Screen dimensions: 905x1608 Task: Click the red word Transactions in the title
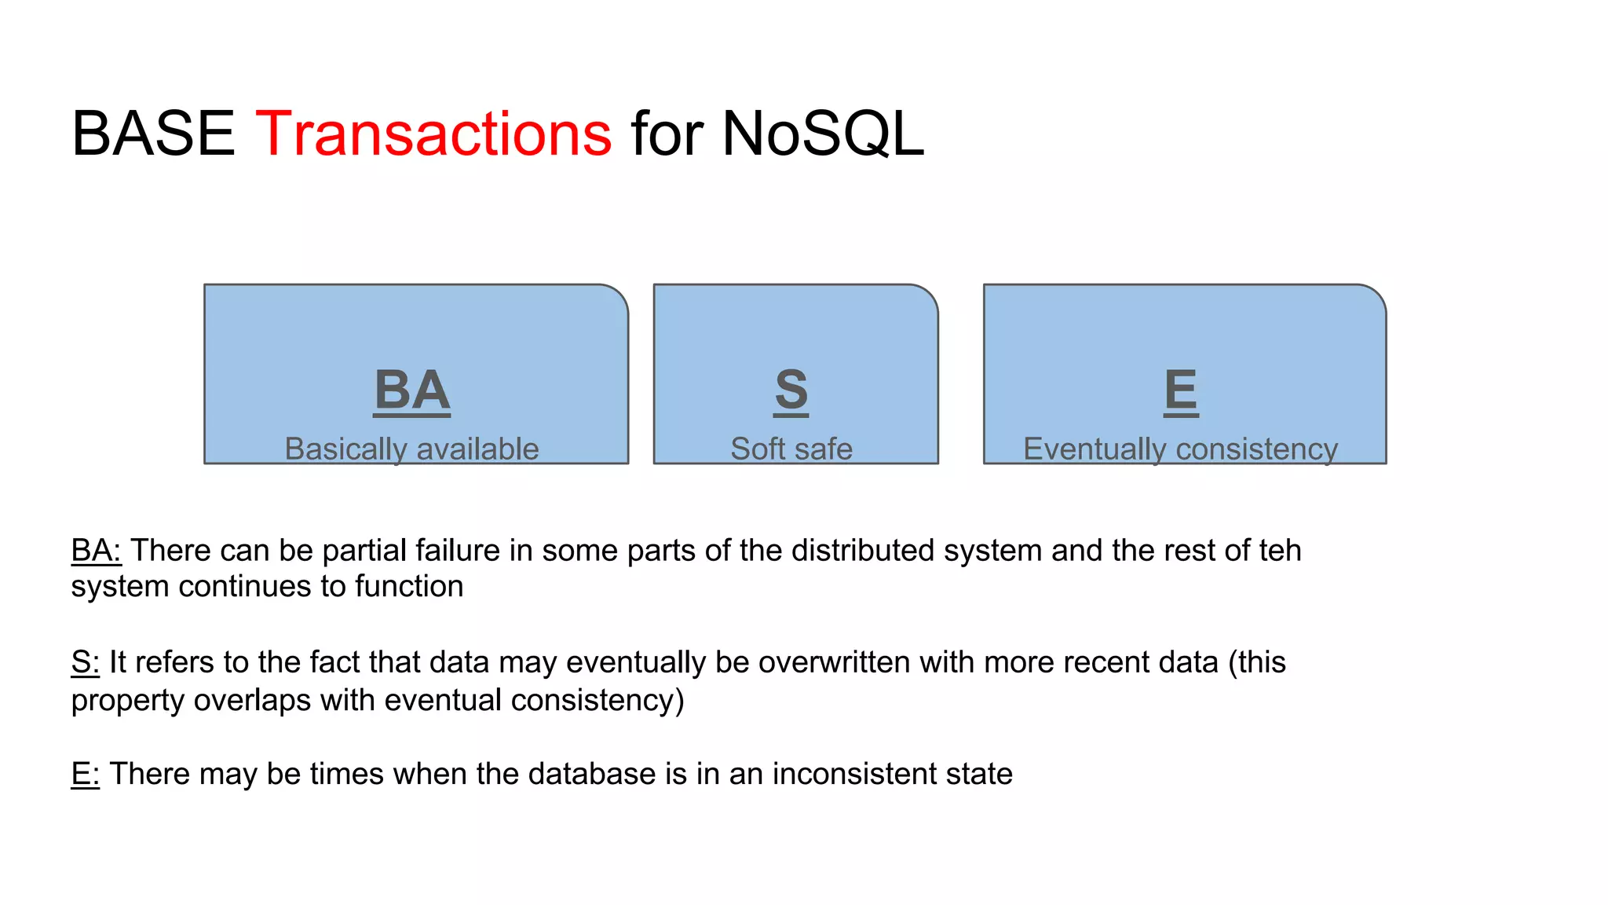(x=433, y=134)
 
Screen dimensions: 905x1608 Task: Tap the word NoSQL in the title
(x=822, y=134)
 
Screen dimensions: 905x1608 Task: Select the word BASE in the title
(x=153, y=134)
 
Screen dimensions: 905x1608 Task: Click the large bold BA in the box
(x=412, y=390)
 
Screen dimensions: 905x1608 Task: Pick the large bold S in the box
(x=791, y=390)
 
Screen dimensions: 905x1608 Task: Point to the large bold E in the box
(x=1181, y=390)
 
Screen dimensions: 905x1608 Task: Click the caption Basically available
(x=411, y=449)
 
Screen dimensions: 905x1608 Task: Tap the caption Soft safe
(x=791, y=449)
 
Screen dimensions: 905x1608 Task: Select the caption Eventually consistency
(x=1180, y=449)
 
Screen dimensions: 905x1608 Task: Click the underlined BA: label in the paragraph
(x=96, y=550)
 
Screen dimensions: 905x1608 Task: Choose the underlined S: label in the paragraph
(x=85, y=662)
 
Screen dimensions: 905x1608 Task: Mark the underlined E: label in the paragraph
(x=85, y=774)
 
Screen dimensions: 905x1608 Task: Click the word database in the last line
(x=591, y=774)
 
